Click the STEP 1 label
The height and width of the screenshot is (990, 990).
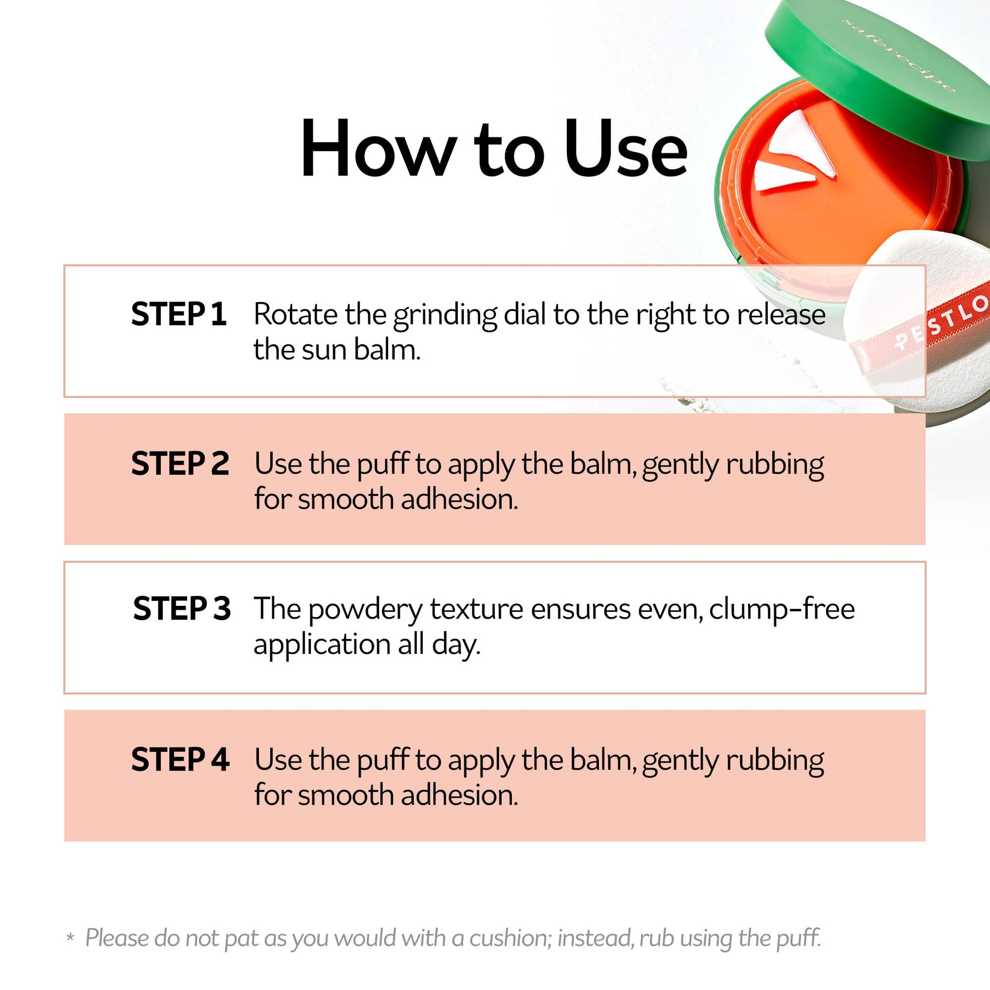[179, 314]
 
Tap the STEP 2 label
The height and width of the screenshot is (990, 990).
[180, 463]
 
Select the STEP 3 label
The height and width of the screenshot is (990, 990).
[182, 609]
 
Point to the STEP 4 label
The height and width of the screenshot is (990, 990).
[180, 760]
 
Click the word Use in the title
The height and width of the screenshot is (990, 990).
[626, 149]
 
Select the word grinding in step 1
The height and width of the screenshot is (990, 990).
[445, 316]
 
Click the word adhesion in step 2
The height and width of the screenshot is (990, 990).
[460, 499]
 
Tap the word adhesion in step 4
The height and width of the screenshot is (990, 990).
[460, 795]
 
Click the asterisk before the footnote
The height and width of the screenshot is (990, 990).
[70, 937]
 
